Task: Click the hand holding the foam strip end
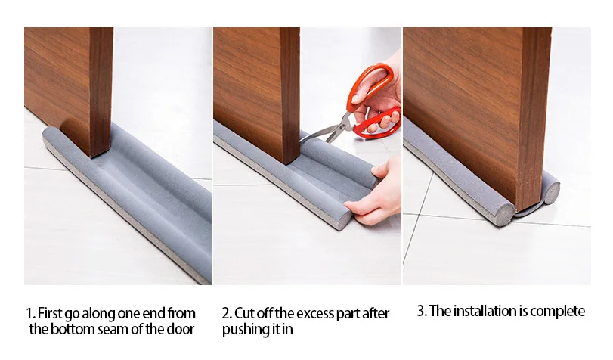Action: pyautogui.click(x=374, y=196)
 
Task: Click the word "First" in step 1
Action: pyautogui.click(x=50, y=313)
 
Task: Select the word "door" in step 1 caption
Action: pyautogui.click(x=180, y=329)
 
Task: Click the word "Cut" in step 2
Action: pyautogui.click(x=245, y=313)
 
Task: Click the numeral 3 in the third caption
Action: pyautogui.click(x=421, y=311)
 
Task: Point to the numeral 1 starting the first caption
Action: pyautogui.click(x=29, y=314)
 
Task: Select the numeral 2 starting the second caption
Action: pyautogui.click(x=225, y=314)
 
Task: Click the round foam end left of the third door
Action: pyautogui.click(x=506, y=214)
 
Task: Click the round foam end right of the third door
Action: pyautogui.click(x=552, y=192)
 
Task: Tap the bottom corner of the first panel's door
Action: pyautogui.click(x=92, y=157)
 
